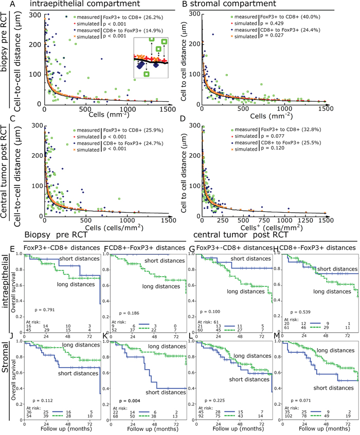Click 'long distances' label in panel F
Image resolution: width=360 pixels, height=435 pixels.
[x=157, y=286]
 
